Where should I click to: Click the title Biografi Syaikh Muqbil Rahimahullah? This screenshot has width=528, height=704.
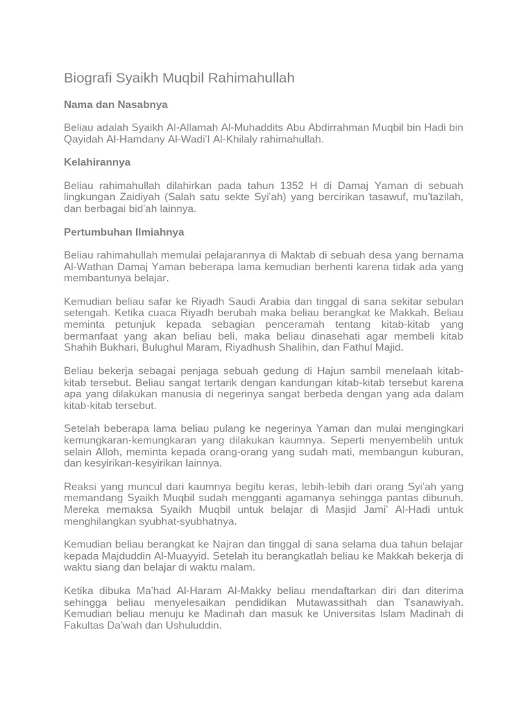[179, 78]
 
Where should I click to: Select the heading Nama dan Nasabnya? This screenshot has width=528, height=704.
[115, 104]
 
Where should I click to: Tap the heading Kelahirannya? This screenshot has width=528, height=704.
[97, 162]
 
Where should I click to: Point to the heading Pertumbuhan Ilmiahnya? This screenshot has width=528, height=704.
[124, 232]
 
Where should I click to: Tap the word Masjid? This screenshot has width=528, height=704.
[315, 510]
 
